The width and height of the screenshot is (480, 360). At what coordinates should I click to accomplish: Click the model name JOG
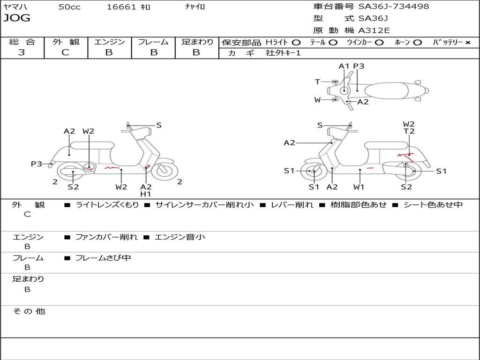click(17, 18)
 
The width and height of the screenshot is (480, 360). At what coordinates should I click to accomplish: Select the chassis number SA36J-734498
click(394, 7)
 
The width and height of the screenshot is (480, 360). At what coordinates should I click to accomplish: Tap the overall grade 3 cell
click(22, 52)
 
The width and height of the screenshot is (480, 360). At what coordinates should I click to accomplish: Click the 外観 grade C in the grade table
click(66, 52)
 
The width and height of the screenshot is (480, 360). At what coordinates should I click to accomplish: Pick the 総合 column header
click(22, 42)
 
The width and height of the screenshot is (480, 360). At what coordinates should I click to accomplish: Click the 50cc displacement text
click(69, 7)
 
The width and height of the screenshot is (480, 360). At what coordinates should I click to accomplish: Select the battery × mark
click(467, 43)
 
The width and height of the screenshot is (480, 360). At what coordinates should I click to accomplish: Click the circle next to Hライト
click(296, 43)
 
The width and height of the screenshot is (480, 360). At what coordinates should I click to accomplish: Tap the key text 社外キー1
click(283, 53)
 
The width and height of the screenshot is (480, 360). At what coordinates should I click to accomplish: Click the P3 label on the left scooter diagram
click(37, 164)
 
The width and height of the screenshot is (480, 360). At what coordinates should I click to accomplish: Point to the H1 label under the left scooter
click(146, 194)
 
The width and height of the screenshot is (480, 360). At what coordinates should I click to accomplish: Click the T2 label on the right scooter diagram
click(409, 132)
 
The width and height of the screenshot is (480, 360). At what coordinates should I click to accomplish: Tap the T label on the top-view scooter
click(317, 82)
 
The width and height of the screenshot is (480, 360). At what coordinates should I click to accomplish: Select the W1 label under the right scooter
click(359, 187)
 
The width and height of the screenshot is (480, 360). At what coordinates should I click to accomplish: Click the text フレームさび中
click(103, 258)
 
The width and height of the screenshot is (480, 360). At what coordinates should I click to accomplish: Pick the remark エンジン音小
click(180, 237)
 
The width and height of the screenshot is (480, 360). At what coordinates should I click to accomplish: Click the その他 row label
click(29, 311)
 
